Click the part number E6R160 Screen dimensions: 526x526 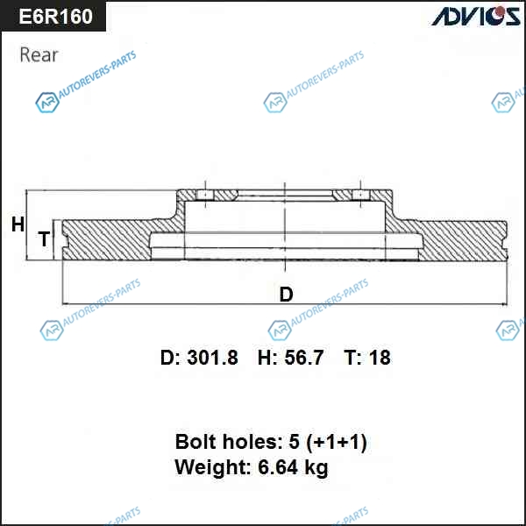(x=56, y=16)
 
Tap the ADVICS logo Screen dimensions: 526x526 (x=476, y=16)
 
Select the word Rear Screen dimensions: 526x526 (x=39, y=54)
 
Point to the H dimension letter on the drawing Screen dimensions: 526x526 (x=18, y=224)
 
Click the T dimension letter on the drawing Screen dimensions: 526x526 (x=44, y=238)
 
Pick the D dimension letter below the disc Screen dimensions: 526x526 (x=286, y=295)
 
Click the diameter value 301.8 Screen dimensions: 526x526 (x=212, y=358)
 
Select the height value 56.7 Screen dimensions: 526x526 (x=304, y=358)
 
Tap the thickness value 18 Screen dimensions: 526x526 (x=380, y=358)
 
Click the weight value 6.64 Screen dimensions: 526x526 (x=278, y=467)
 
